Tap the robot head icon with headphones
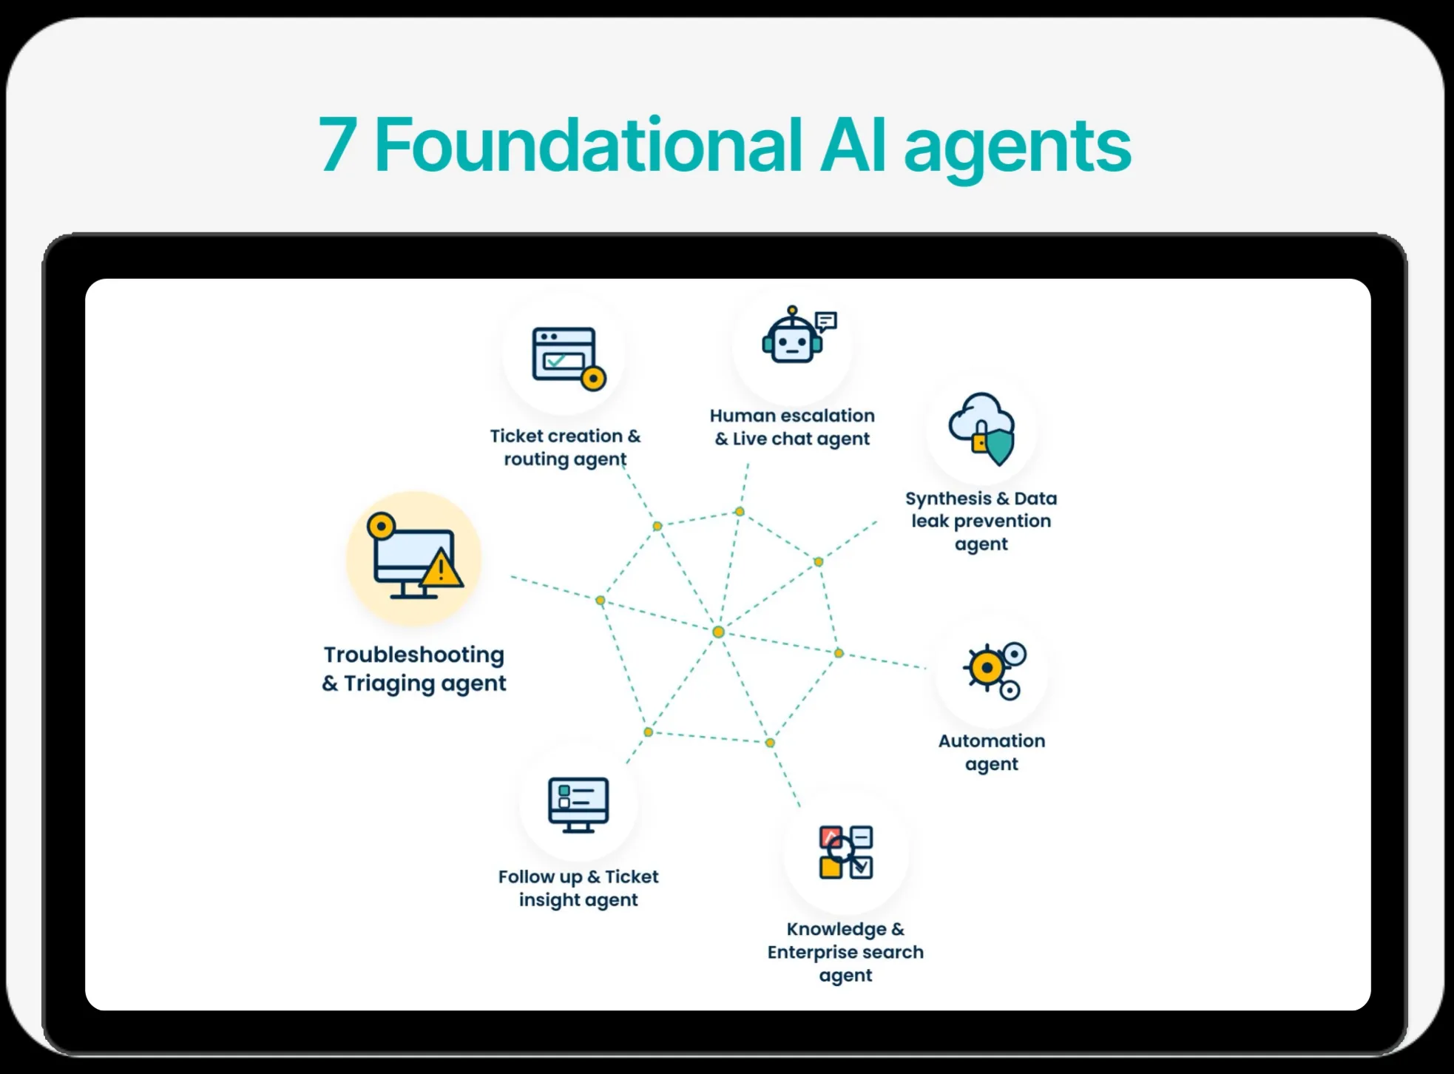pyautogui.click(x=792, y=336)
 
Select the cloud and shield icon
pyautogui.click(x=982, y=428)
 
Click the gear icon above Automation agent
pyautogui.click(x=994, y=670)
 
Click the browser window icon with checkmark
pyautogui.click(x=568, y=357)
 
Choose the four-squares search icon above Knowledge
pyautogui.click(x=846, y=852)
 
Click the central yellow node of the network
pyautogui.click(x=718, y=632)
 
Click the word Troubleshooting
pyautogui.click(x=414, y=655)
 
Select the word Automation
pyautogui.click(x=992, y=740)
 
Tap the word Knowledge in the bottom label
pyautogui.click(x=836, y=930)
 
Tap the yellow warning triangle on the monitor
pyautogui.click(x=442, y=568)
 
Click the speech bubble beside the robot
pyautogui.click(x=826, y=321)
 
